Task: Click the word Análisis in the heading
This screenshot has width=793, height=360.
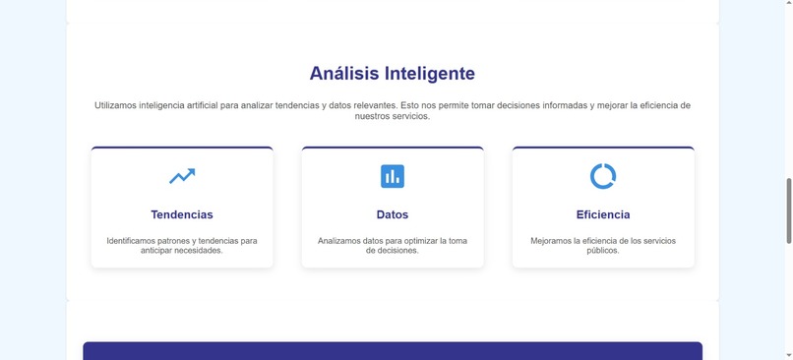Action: pyautogui.click(x=345, y=74)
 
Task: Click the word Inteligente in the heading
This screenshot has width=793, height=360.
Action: pyautogui.click(x=430, y=74)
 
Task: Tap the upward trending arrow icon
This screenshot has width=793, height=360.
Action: pyautogui.click(x=182, y=176)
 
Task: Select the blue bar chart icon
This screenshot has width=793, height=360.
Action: pyautogui.click(x=393, y=176)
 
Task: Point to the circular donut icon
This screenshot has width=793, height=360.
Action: pyautogui.click(x=603, y=176)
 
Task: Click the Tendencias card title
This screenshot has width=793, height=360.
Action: pyautogui.click(x=182, y=214)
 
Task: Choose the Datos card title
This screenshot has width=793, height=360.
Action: pyautogui.click(x=393, y=214)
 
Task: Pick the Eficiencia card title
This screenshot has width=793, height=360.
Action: pyautogui.click(x=603, y=214)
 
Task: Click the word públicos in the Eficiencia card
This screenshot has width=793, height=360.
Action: pyautogui.click(x=603, y=251)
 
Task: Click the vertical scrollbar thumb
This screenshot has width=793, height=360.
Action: pyautogui.click(x=788, y=210)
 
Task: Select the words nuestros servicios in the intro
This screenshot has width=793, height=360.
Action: pyautogui.click(x=393, y=116)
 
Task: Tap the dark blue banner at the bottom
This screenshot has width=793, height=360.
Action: pyautogui.click(x=393, y=351)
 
